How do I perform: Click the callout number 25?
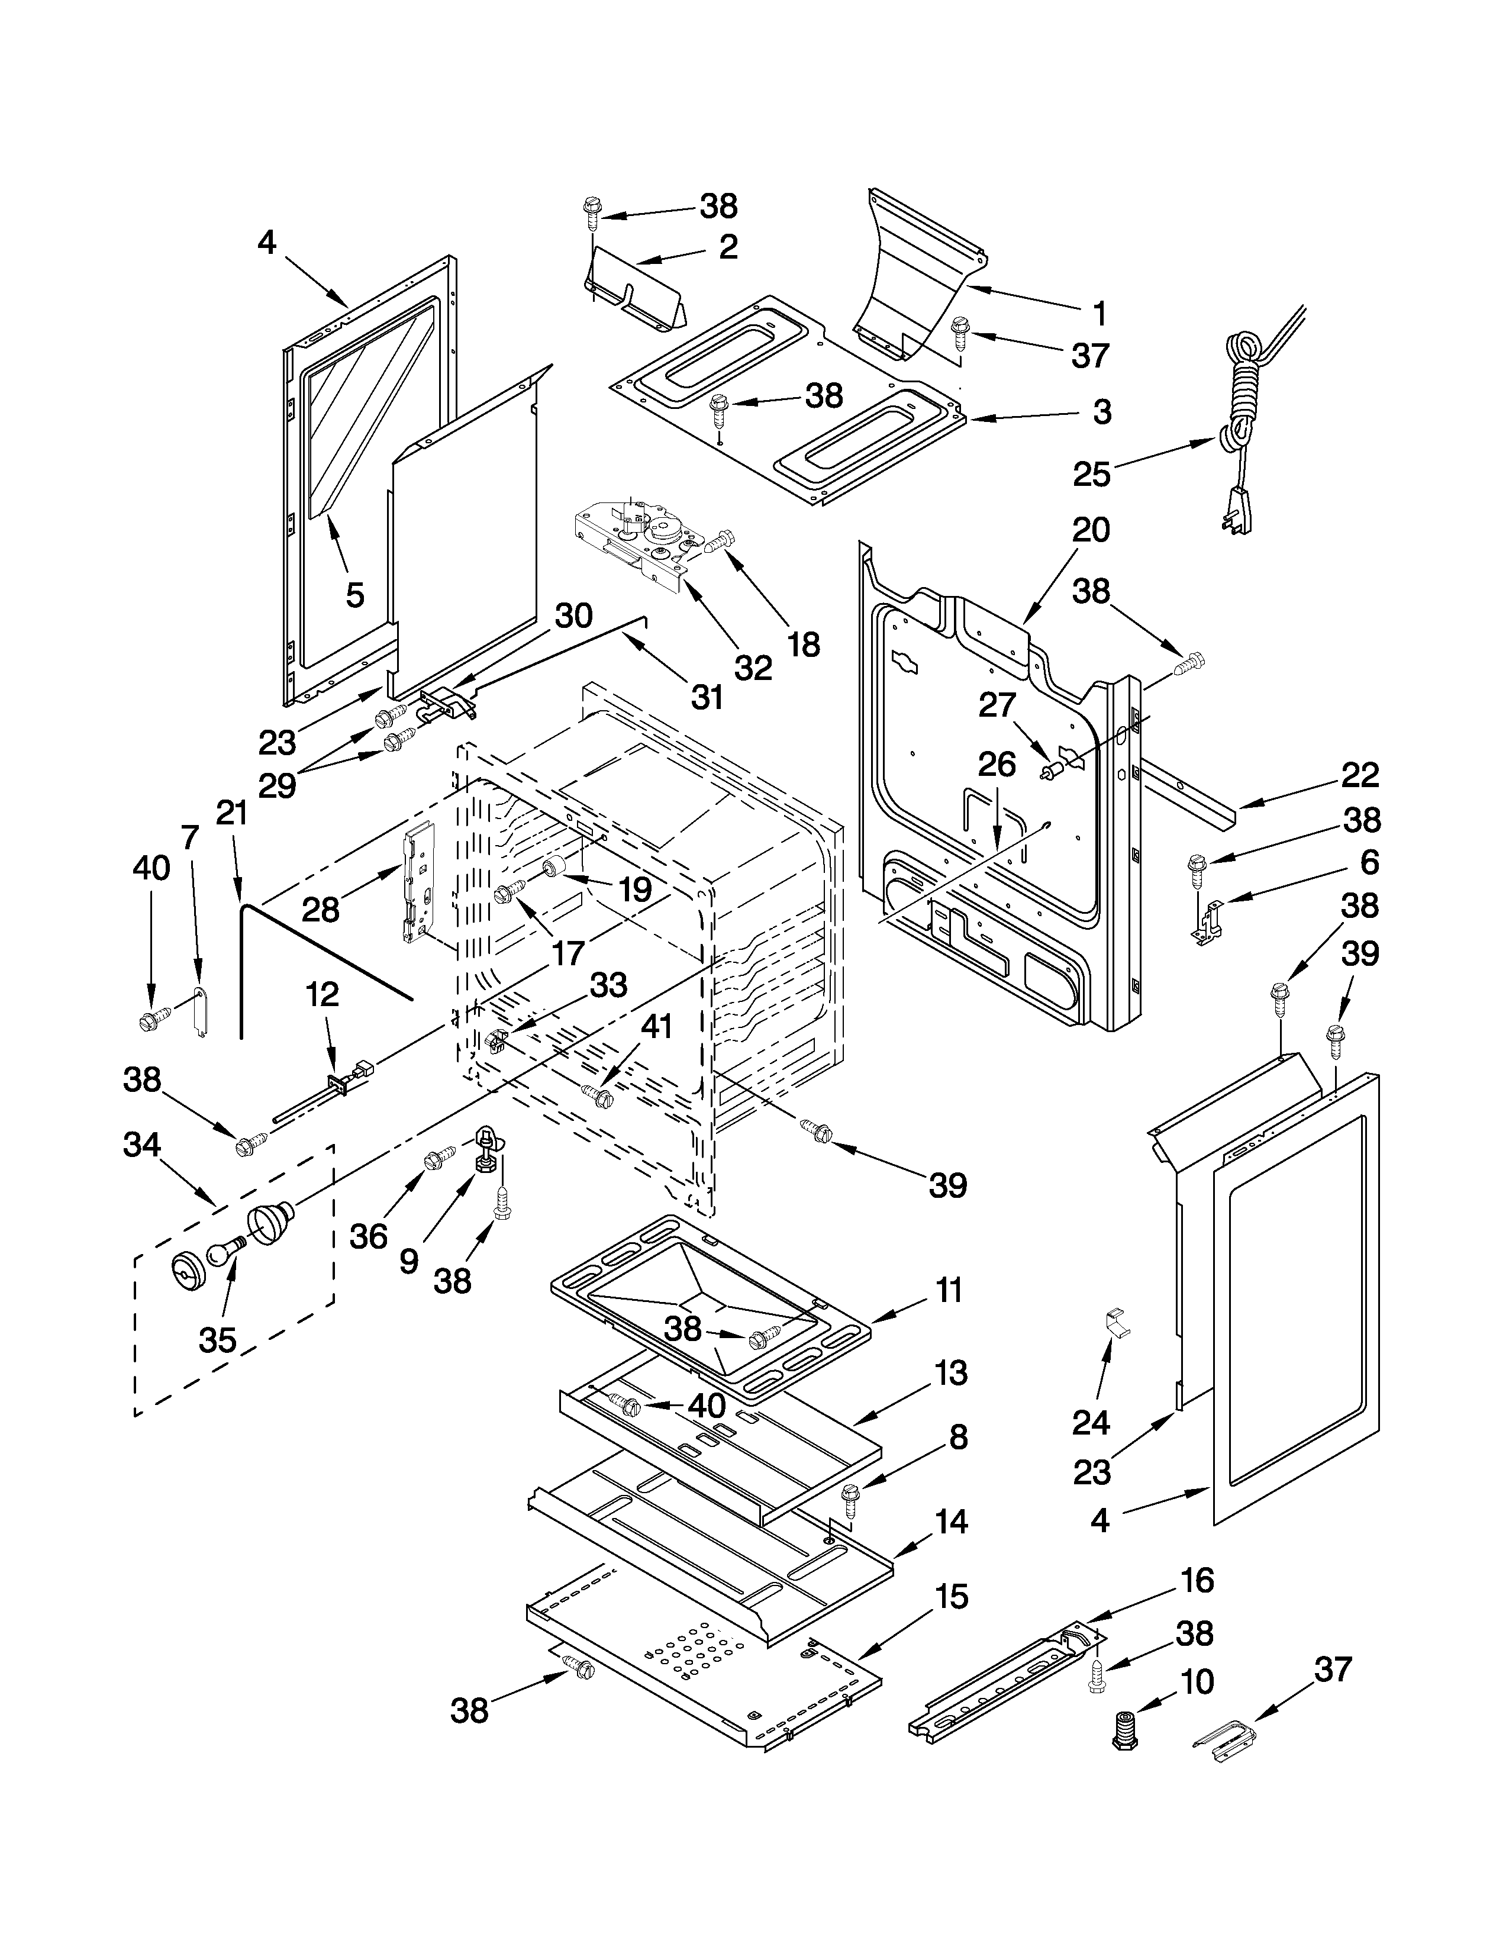(x=1092, y=474)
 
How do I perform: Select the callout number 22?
(x=1360, y=775)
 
